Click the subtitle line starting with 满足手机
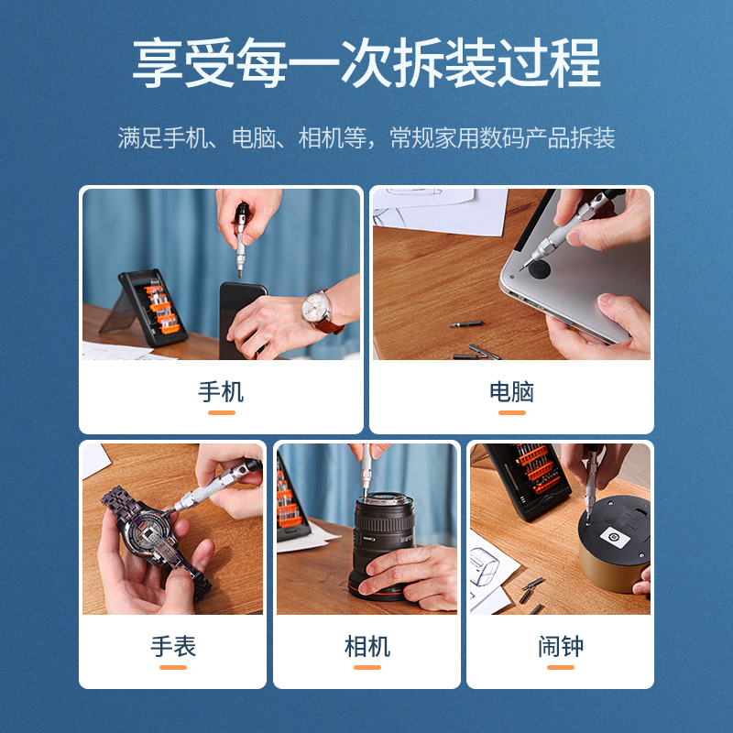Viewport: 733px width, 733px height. pyautogui.click(x=366, y=138)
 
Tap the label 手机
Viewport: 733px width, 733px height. pyautogui.click(x=221, y=392)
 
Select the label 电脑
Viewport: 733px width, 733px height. pyautogui.click(x=511, y=392)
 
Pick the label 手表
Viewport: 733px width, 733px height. pyautogui.click(x=173, y=647)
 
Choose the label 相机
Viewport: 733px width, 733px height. pyautogui.click(x=367, y=647)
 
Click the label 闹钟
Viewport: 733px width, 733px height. pyautogui.click(x=560, y=647)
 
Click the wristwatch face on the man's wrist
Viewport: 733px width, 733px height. pyautogui.click(x=318, y=305)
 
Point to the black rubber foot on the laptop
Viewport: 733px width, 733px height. pyautogui.click(x=537, y=268)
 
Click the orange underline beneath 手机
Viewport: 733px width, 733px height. pyautogui.click(x=221, y=413)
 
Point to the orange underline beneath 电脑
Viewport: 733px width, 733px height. pyautogui.click(x=511, y=413)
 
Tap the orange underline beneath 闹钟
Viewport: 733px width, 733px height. pyautogui.click(x=560, y=668)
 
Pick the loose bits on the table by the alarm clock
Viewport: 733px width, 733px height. pyautogui.click(x=530, y=591)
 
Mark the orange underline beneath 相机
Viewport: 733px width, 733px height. pyautogui.click(x=367, y=668)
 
